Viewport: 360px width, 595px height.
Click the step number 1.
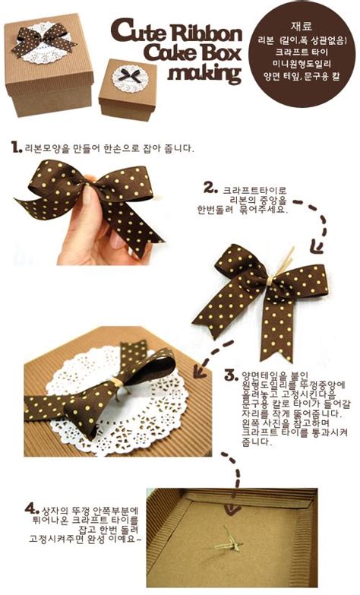point(16,147)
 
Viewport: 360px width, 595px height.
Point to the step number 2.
point(210,186)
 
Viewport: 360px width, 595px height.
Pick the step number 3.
point(231,375)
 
